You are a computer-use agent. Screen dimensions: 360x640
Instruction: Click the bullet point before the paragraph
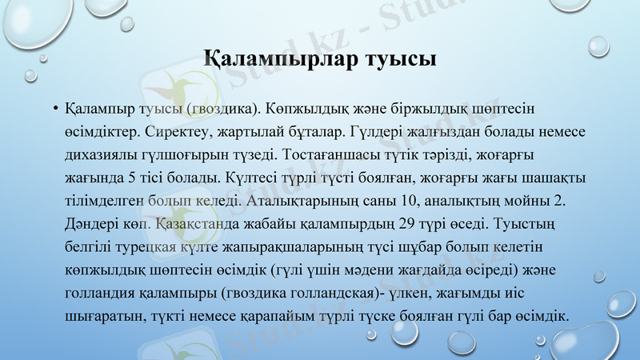tap(54, 109)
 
